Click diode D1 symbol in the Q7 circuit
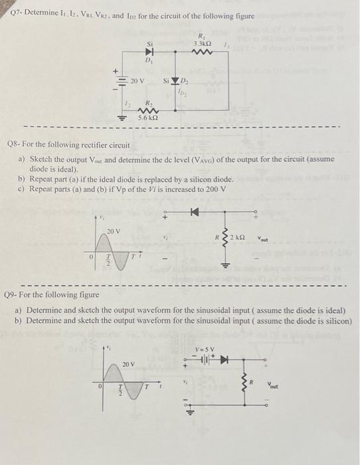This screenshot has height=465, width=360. pos(150,49)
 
